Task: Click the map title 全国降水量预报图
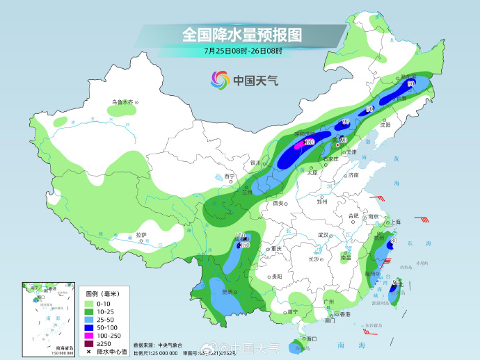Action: click(243, 34)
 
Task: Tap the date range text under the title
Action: click(243, 50)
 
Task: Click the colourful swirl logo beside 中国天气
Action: click(220, 81)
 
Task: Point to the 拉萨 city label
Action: click(141, 235)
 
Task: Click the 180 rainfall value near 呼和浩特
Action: click(310, 142)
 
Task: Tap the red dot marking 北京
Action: click(337, 146)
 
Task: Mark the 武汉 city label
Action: click(321, 235)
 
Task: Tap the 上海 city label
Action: click(395, 222)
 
